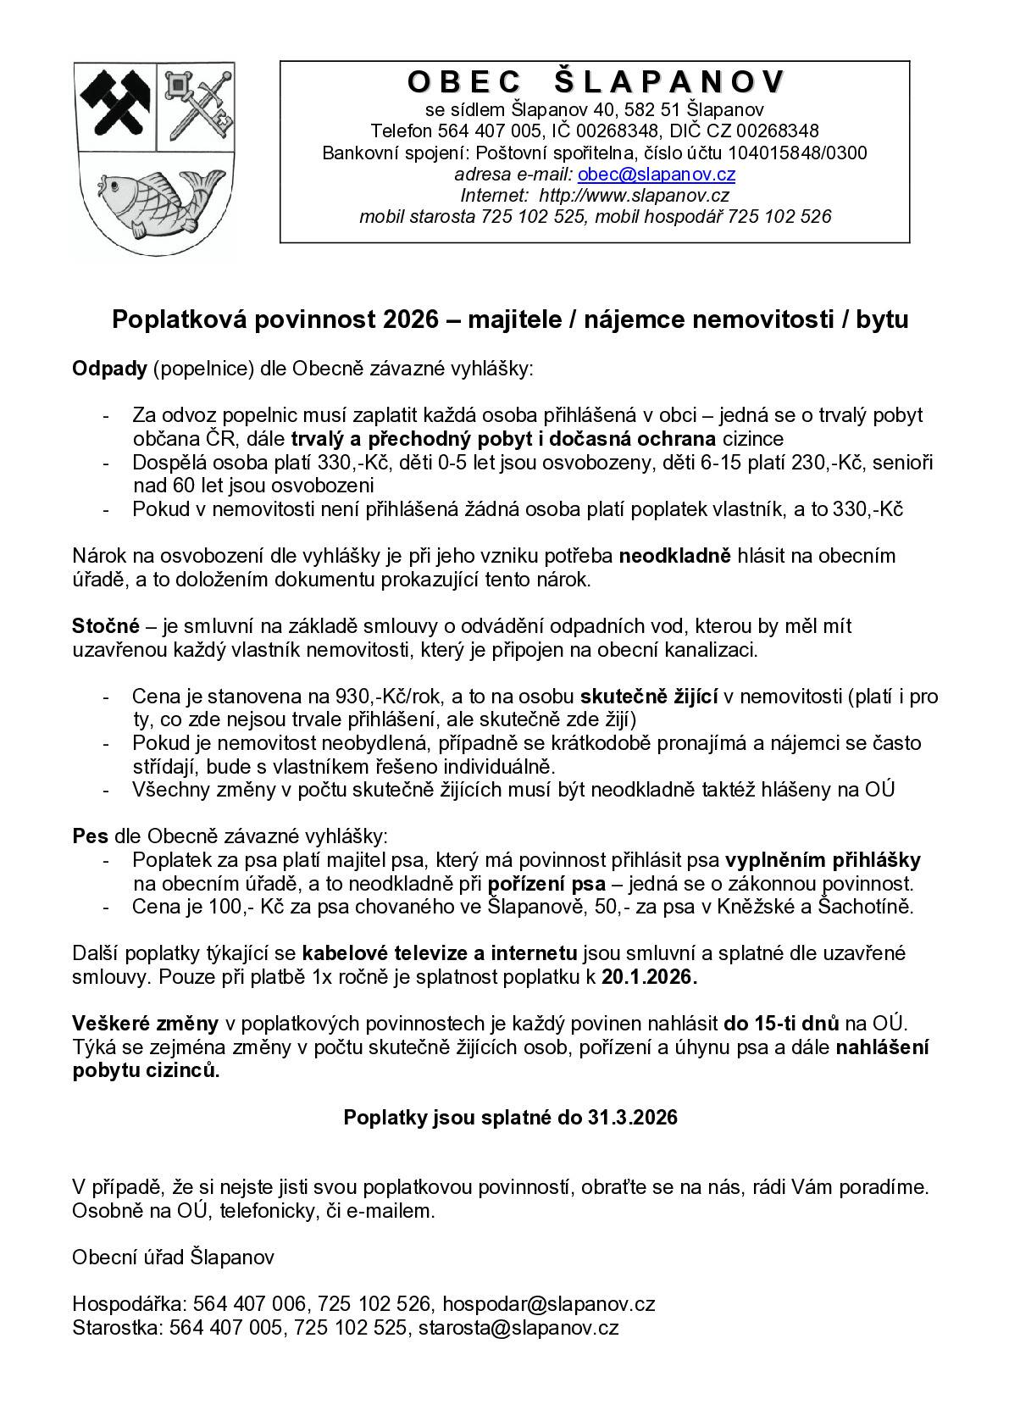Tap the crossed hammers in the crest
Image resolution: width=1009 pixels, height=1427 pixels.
point(114,105)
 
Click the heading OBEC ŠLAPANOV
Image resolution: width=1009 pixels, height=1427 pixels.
point(595,82)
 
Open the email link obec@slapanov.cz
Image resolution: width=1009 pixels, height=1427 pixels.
point(656,175)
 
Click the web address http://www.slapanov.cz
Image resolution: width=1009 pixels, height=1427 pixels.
point(634,196)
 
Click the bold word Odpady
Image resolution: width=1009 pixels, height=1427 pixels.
point(109,369)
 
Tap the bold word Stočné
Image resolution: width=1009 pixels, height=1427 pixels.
point(105,627)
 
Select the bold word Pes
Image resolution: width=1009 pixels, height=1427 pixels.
point(90,836)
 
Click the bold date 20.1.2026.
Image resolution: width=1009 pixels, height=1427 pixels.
point(649,977)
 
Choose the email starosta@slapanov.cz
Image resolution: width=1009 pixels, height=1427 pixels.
point(518,1328)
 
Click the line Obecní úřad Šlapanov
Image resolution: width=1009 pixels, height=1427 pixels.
point(173,1257)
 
